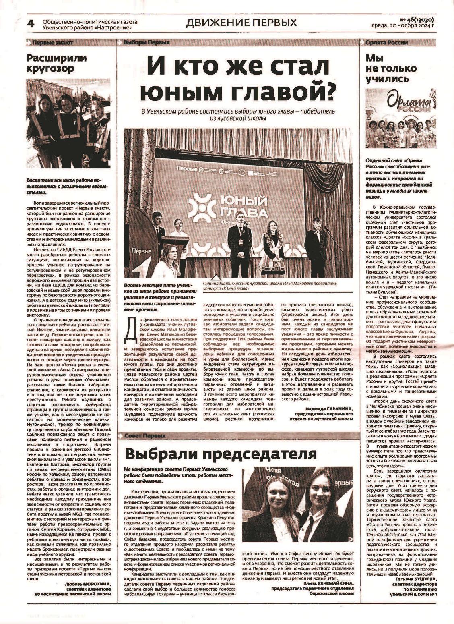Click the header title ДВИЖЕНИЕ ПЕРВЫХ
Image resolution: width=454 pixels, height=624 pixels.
[x=241, y=23]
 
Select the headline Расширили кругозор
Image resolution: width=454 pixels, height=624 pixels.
[x=56, y=63]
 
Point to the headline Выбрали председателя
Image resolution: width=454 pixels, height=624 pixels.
[x=221, y=454]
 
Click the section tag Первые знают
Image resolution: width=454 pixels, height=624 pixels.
[x=52, y=42]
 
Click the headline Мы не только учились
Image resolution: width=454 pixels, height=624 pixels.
[x=387, y=68]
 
